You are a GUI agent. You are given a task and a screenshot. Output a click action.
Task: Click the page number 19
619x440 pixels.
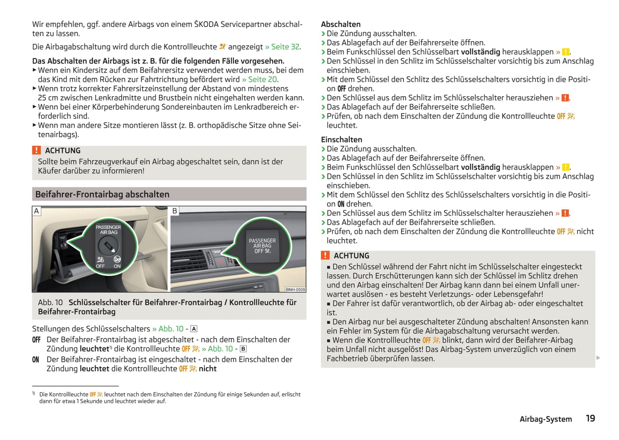(590, 418)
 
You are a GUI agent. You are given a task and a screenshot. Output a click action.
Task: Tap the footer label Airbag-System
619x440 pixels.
(545, 419)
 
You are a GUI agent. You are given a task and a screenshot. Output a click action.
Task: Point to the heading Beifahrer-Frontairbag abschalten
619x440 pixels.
(102, 194)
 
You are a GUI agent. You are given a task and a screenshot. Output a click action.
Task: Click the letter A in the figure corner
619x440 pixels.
(36, 211)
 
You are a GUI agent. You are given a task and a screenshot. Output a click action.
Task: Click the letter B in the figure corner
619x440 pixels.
(174, 211)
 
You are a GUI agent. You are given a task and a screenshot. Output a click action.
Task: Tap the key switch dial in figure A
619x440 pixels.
(108, 246)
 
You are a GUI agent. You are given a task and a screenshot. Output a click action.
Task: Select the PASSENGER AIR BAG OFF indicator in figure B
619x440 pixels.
(262, 246)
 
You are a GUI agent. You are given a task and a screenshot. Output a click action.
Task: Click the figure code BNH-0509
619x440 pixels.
(296, 289)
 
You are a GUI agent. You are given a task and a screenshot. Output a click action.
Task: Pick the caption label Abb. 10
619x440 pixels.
(50, 302)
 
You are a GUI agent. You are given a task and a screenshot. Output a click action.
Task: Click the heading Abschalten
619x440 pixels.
(341, 24)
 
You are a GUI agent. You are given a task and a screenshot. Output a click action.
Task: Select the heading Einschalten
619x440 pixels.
(341, 139)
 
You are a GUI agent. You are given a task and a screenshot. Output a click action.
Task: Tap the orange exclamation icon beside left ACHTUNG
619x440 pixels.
(36, 150)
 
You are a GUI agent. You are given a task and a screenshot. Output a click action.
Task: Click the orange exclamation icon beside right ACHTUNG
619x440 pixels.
(325, 255)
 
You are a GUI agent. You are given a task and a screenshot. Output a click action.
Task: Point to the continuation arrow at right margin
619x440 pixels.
(598, 358)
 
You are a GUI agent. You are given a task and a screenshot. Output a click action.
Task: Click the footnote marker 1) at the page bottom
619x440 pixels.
(33, 393)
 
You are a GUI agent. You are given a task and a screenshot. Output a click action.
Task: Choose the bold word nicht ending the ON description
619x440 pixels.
(208, 368)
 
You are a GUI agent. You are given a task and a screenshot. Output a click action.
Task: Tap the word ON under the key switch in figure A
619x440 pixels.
(117, 266)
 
